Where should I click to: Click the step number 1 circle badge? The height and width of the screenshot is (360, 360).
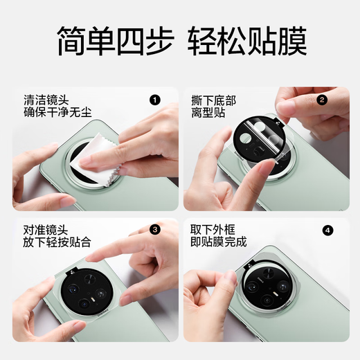[x=155, y=100]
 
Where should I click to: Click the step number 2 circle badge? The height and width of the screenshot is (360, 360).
[x=321, y=100]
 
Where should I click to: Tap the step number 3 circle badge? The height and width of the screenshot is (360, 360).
[x=155, y=229]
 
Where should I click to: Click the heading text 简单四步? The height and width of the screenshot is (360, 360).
[x=102, y=42]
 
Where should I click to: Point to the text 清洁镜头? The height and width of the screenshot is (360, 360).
[x=46, y=99]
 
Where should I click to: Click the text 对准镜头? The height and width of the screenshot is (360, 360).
[x=46, y=228]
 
